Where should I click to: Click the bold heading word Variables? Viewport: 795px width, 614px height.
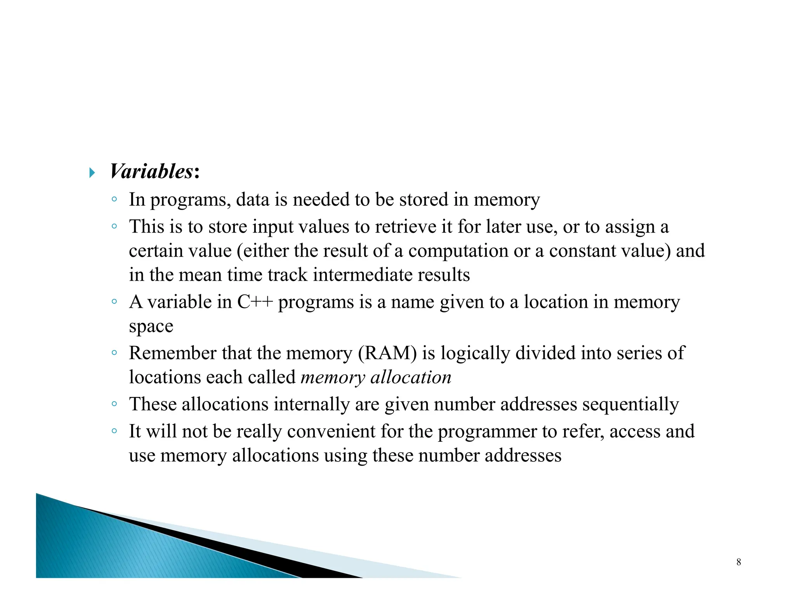(x=151, y=172)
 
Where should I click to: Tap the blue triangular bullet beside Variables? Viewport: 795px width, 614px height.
(x=92, y=172)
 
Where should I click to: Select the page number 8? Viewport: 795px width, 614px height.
(x=739, y=562)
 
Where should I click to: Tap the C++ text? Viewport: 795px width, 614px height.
(x=255, y=302)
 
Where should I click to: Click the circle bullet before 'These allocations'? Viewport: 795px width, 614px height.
(x=114, y=404)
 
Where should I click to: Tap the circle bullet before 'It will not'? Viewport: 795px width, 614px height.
(x=114, y=431)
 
